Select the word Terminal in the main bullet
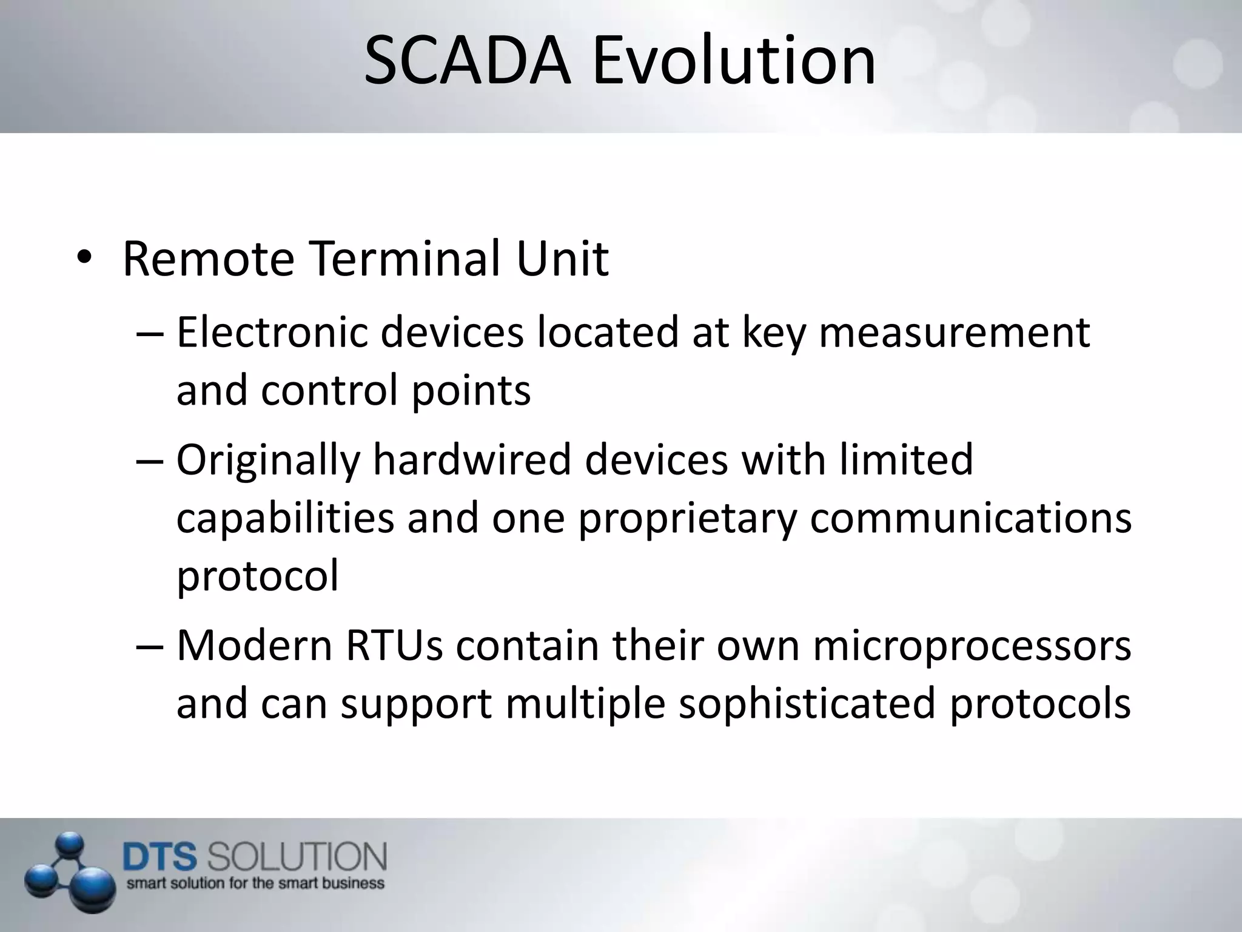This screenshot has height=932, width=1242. point(405,259)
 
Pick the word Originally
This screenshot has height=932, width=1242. point(268,460)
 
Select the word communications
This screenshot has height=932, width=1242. point(970,518)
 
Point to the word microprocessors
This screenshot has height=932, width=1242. point(972,647)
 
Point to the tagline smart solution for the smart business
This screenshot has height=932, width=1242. point(255,883)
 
